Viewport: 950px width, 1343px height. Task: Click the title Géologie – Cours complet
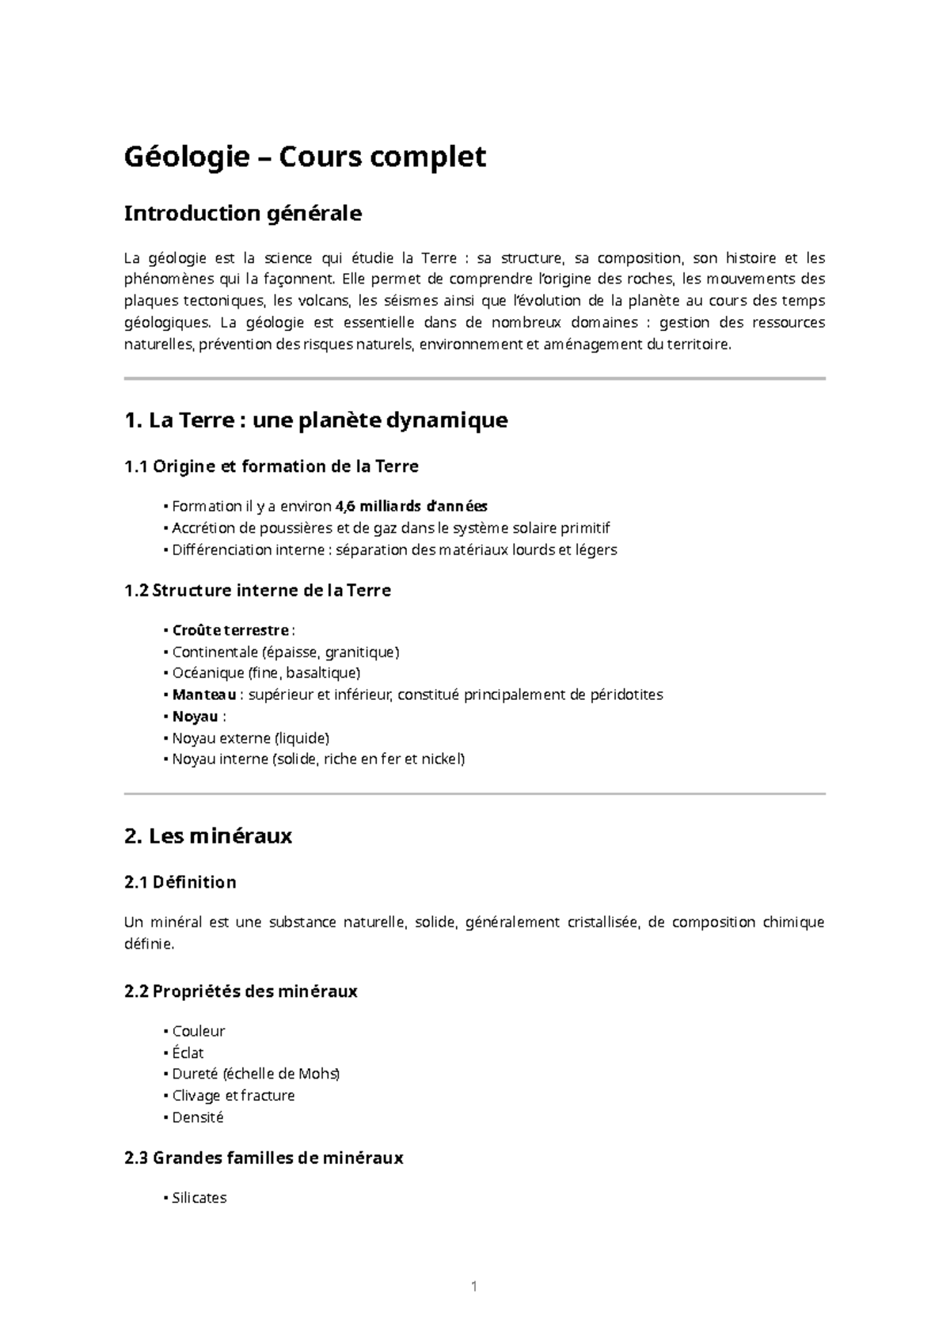coord(305,158)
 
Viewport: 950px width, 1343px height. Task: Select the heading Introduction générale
coord(243,214)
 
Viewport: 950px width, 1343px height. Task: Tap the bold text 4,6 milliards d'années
coord(412,506)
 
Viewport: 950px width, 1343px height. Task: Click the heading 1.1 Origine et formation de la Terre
coord(272,466)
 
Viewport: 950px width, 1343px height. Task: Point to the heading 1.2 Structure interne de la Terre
coord(257,590)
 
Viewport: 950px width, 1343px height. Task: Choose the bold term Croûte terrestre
coord(230,630)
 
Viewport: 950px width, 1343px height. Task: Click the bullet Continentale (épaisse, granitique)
coord(286,652)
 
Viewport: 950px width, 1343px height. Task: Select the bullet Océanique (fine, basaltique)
coord(266,673)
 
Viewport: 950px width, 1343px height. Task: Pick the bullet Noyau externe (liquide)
coord(250,738)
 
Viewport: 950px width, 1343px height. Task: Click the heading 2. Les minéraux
coord(208,836)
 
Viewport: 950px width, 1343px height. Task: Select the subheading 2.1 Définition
coord(180,882)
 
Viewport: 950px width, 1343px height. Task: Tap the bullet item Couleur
coord(199,1031)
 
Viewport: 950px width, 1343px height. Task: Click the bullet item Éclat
coord(188,1053)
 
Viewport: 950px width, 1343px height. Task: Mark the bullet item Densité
coord(198,1117)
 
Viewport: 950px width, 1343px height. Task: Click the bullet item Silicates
coord(199,1198)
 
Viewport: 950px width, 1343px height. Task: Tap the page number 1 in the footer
coord(474,1287)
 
